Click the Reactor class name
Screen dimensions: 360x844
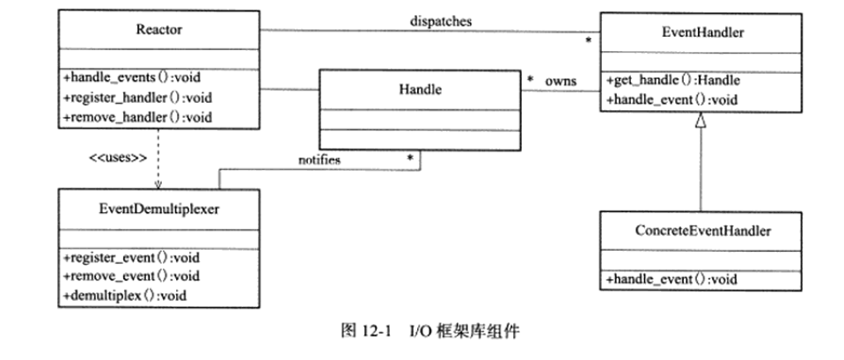(160, 29)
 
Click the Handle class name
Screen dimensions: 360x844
(419, 89)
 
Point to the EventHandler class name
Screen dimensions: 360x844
(702, 33)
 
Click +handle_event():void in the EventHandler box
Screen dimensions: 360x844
(670, 99)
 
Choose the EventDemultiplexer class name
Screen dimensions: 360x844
(158, 209)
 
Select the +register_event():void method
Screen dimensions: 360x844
(132, 257)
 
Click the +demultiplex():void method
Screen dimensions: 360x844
(124, 295)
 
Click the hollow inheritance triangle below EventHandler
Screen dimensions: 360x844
(701, 122)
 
